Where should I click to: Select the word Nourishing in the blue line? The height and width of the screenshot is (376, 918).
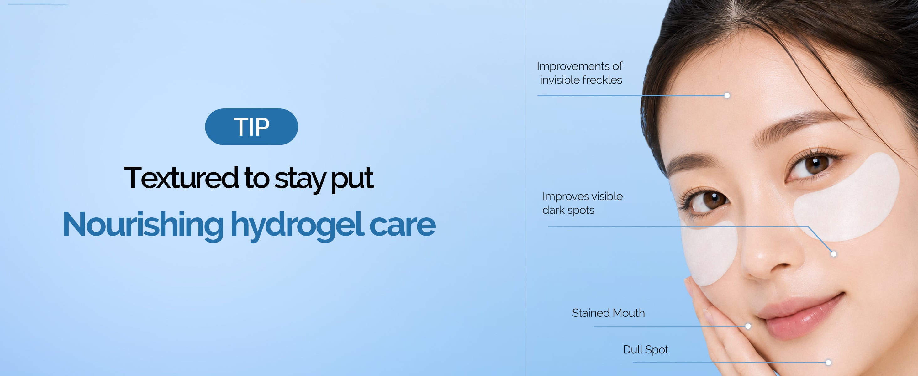pyautogui.click(x=143, y=224)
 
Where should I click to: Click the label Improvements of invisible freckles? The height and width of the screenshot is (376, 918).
pyautogui.click(x=580, y=73)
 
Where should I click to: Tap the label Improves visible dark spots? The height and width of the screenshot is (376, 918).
pyautogui.click(x=582, y=203)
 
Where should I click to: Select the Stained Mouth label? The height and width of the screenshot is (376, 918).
pyautogui.click(x=608, y=313)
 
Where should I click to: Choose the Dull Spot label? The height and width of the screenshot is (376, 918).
pyautogui.click(x=645, y=350)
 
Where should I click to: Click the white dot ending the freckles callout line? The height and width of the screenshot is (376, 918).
pyautogui.click(x=727, y=96)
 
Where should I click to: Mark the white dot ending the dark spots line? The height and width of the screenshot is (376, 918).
pyautogui.click(x=834, y=254)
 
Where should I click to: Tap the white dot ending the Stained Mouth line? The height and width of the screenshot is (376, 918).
pyautogui.click(x=748, y=326)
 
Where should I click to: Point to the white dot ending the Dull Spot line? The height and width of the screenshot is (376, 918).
pyautogui.click(x=828, y=363)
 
